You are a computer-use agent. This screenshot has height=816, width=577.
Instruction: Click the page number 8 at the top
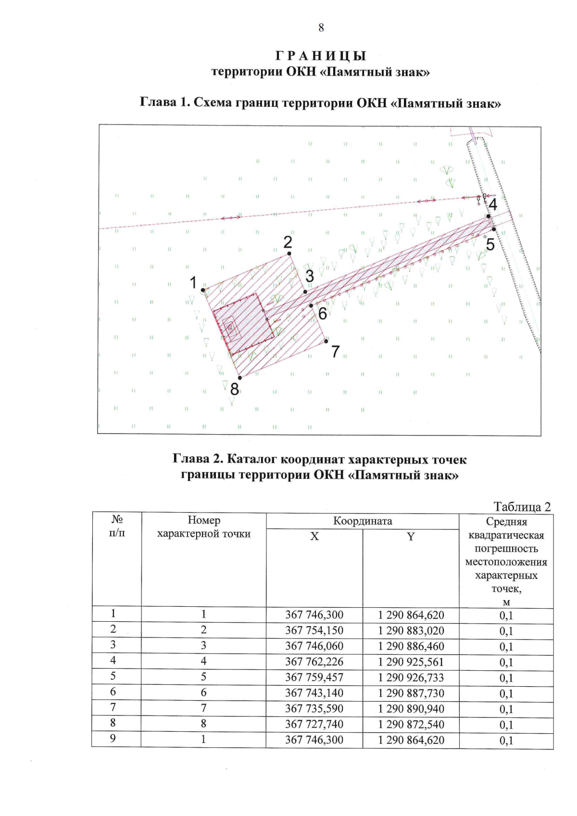[321, 28]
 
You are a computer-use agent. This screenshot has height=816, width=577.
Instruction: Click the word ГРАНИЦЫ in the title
[321, 56]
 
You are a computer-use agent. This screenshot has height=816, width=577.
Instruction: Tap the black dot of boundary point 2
[289, 253]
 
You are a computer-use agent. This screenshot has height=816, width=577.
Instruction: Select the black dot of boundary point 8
[240, 378]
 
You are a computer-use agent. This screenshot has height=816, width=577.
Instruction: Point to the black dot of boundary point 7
[326, 341]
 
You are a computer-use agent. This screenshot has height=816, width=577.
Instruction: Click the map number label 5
[490, 245]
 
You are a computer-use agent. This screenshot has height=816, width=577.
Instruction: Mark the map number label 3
[310, 276]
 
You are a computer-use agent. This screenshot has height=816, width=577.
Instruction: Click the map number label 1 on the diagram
[193, 283]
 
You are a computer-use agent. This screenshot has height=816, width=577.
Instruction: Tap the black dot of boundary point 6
[311, 305]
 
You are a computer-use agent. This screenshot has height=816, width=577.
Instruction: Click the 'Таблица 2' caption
[522, 506]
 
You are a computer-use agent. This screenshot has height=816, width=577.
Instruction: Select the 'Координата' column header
[363, 521]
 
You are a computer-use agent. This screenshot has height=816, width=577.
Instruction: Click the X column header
[314, 537]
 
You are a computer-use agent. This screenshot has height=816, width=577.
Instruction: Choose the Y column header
[411, 537]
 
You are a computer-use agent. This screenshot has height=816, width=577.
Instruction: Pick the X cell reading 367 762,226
[314, 662]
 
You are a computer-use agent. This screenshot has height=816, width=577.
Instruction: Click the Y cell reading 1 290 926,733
[411, 678]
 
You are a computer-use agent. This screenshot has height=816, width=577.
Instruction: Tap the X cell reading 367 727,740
[314, 724]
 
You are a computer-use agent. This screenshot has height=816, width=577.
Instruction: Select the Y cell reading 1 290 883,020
[411, 630]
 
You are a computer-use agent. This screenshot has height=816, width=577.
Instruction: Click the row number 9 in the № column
[113, 738]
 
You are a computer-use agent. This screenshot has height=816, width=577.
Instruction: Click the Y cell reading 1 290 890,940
[411, 709]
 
